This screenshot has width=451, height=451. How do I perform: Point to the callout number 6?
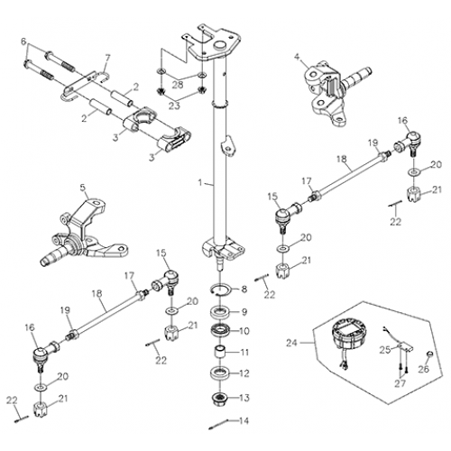pyautogui.click(x=24, y=41)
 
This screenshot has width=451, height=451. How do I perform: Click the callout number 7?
pyautogui.click(x=107, y=59)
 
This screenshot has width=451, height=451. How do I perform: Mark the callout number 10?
pyautogui.click(x=244, y=330)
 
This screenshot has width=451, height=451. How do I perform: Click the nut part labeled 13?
pyautogui.click(x=221, y=395)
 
